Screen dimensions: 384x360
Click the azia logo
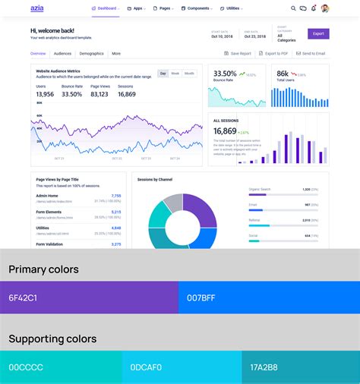coord(36,8)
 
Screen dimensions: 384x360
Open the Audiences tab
coord(62,54)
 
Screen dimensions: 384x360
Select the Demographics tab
coord(91,54)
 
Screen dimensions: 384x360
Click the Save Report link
coord(238,54)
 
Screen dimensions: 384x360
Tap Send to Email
coord(311,54)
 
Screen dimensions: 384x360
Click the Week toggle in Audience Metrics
coord(175,74)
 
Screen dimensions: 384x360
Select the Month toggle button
coord(189,74)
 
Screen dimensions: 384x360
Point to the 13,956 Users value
coord(45,94)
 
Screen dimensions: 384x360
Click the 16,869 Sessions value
coord(126,94)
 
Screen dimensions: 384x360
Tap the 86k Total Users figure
coord(283,74)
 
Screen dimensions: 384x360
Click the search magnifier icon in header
coord(293,8)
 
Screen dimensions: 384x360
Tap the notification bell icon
coord(314,8)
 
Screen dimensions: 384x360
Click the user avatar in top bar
coord(325,8)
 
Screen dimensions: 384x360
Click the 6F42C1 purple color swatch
coord(89,297)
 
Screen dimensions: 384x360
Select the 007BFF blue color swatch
coord(268,297)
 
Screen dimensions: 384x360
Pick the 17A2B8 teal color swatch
coord(300,367)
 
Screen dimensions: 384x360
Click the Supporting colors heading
coord(52,338)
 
